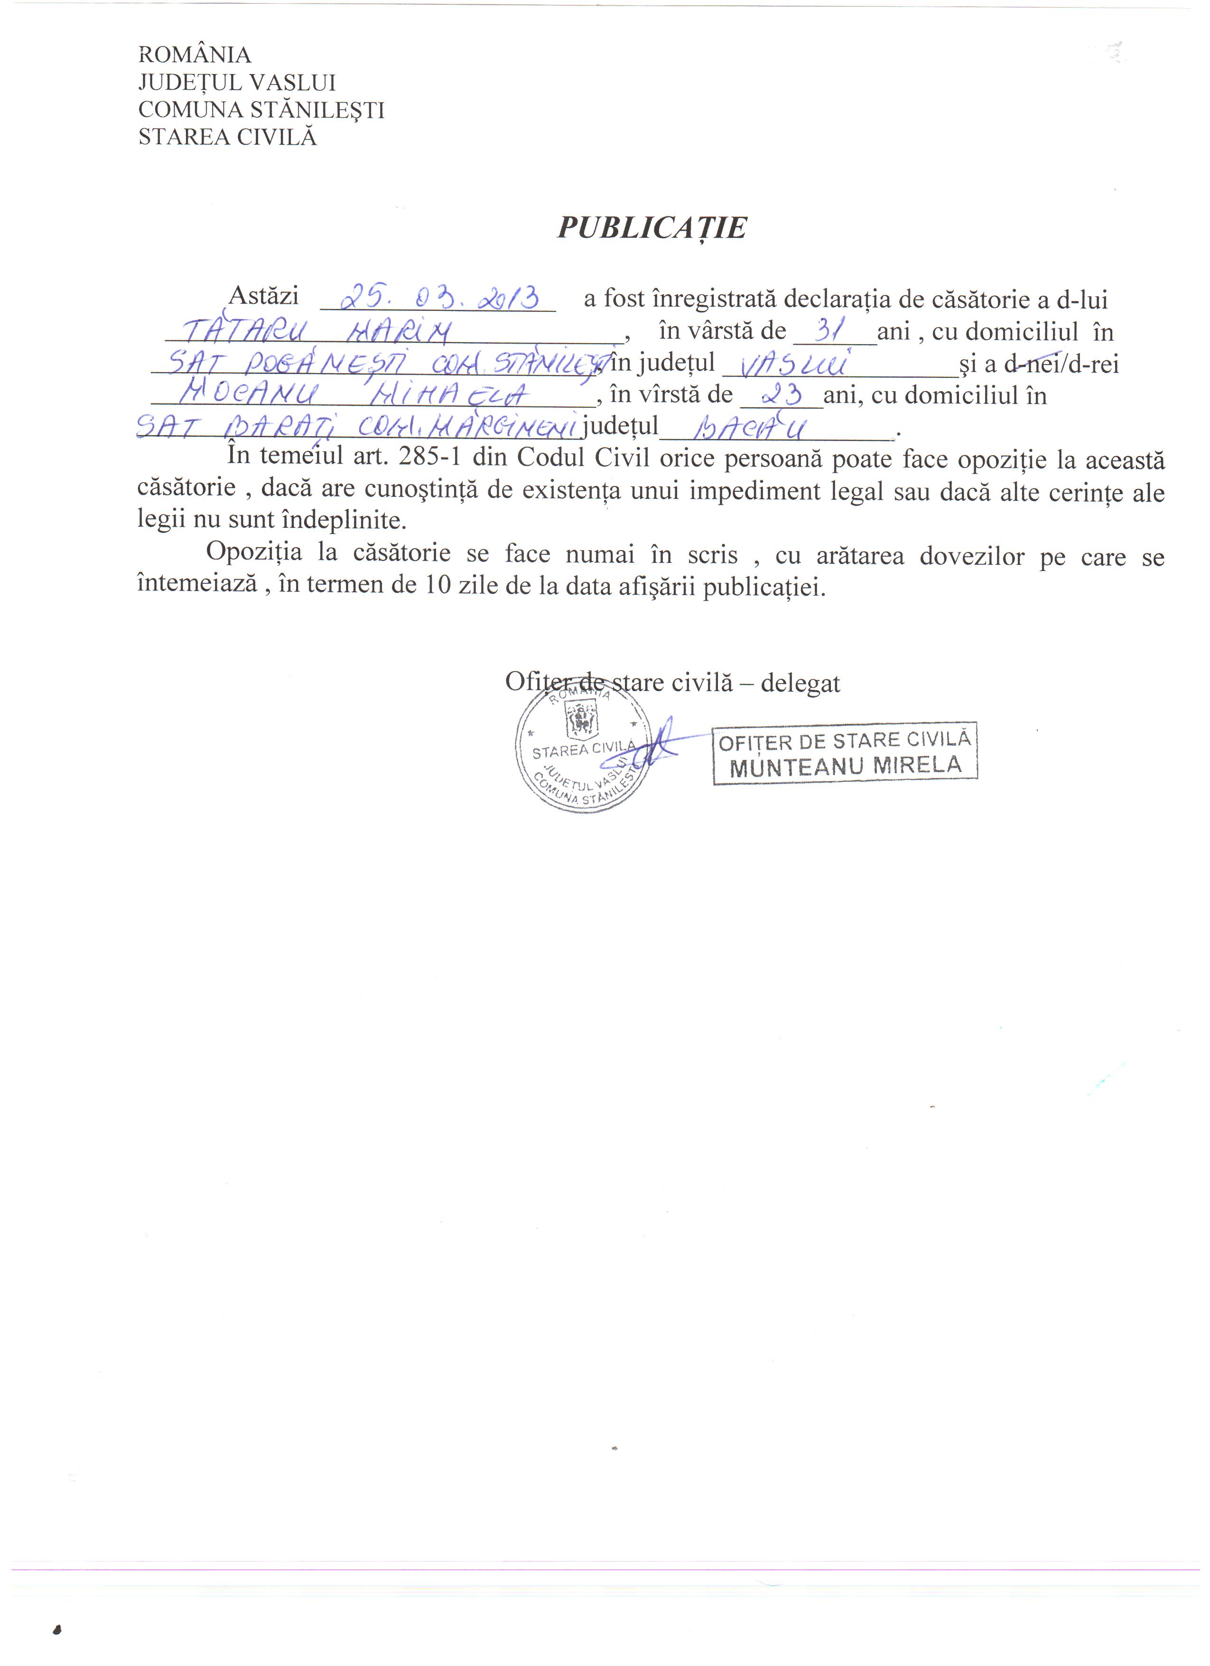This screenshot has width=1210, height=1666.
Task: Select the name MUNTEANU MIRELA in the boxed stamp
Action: (x=845, y=766)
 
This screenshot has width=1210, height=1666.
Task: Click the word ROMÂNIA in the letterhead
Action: (x=195, y=55)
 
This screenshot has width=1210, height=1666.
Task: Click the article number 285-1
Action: (x=429, y=457)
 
